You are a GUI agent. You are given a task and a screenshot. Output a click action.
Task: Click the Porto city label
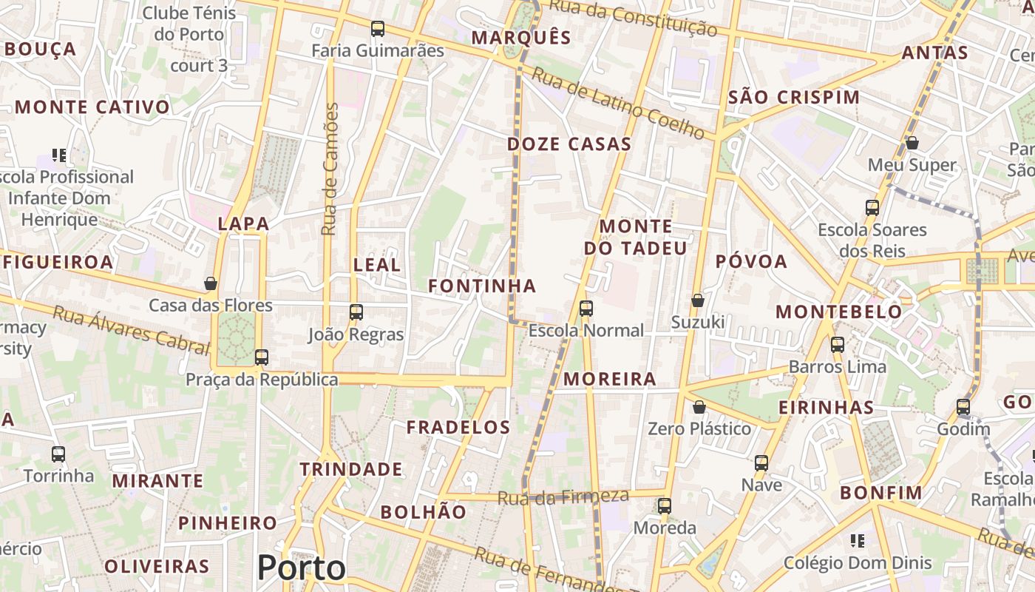(301, 568)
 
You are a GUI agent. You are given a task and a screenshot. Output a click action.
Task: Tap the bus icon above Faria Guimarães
(378, 29)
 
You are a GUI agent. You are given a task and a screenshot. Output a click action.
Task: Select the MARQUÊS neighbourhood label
(521, 38)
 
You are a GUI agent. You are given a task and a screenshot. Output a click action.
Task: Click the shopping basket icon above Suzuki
(697, 300)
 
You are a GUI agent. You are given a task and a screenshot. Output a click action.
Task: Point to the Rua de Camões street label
(330, 169)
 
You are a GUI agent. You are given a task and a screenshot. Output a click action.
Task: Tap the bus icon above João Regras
(356, 312)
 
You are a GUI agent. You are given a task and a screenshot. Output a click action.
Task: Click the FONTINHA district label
(482, 286)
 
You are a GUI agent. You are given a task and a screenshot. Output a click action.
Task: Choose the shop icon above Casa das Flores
(211, 283)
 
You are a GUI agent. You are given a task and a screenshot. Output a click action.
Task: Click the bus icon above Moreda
(665, 506)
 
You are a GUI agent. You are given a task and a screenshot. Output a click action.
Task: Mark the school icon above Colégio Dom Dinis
(858, 541)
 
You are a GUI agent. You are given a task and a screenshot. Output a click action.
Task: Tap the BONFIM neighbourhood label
(881, 493)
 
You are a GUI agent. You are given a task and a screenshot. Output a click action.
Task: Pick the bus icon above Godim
(963, 407)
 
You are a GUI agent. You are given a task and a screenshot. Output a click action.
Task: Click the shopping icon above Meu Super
(912, 143)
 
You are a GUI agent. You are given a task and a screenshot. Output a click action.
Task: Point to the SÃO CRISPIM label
(794, 98)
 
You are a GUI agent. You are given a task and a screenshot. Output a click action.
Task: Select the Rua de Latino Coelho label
(618, 104)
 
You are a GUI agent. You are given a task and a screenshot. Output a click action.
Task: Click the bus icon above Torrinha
(58, 454)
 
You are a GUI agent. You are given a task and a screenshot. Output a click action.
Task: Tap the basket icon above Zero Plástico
(699, 407)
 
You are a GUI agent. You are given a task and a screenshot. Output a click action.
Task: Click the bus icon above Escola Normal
(586, 309)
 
